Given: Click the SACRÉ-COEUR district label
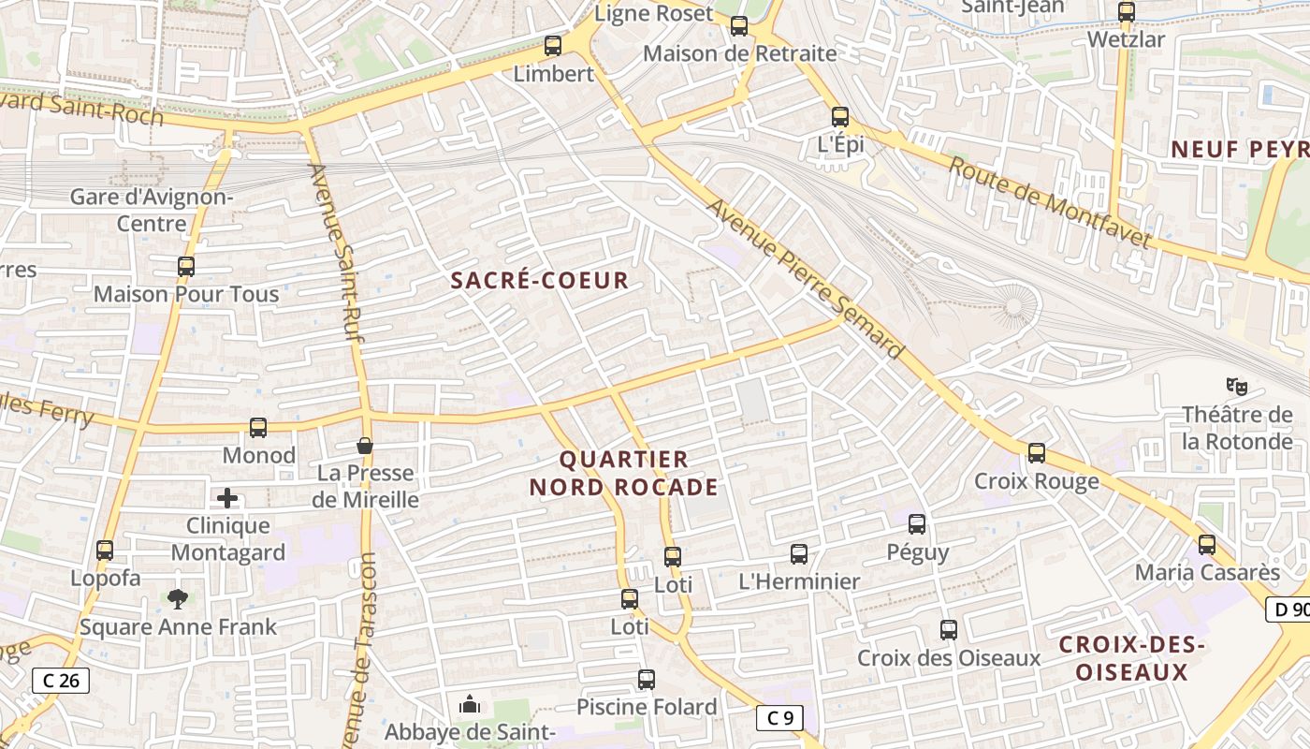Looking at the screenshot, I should click(x=540, y=280).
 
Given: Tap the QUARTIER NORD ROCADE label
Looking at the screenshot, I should click(x=624, y=473).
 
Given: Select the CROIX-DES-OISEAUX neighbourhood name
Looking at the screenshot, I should click(x=1131, y=658).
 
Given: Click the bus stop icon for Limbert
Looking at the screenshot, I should click(x=553, y=45).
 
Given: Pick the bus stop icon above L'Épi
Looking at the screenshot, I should click(x=840, y=117).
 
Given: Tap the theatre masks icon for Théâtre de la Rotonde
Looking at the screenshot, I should click(x=1238, y=385).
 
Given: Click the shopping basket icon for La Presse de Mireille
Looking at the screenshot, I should click(x=365, y=446).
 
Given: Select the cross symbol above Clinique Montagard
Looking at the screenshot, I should click(x=227, y=498).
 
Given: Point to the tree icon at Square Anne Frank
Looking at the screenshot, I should click(x=177, y=598).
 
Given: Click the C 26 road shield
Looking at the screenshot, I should click(x=62, y=681).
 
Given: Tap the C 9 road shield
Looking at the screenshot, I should click(x=779, y=718).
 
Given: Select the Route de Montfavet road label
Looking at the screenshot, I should click(x=1049, y=203).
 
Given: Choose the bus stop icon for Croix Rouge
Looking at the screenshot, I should click(x=1037, y=453).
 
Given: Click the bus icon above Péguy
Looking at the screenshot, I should click(x=917, y=524).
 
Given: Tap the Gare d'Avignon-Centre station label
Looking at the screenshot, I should click(x=153, y=211).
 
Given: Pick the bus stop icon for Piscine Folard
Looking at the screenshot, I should click(x=647, y=680).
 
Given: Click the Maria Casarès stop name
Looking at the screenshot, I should click(x=1207, y=572).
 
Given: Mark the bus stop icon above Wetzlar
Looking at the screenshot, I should click(x=1127, y=12).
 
